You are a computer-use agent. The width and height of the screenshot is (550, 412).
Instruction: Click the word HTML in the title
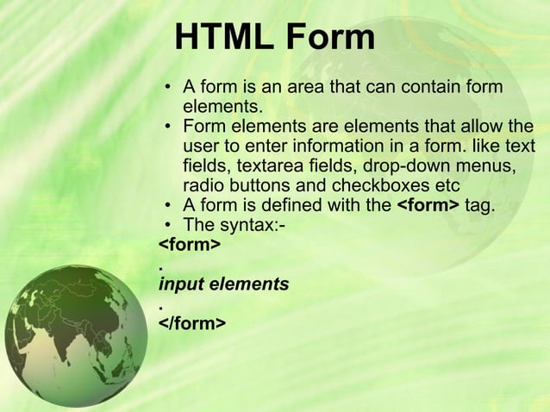coord(222,39)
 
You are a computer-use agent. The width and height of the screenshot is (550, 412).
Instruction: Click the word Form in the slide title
coord(331,39)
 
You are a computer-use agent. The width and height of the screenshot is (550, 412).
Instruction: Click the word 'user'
coord(202,147)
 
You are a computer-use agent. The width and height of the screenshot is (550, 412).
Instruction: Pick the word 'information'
coord(332,147)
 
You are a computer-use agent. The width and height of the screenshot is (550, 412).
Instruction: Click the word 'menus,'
coord(489,167)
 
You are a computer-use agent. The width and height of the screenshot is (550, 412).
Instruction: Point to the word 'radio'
coord(203,187)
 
